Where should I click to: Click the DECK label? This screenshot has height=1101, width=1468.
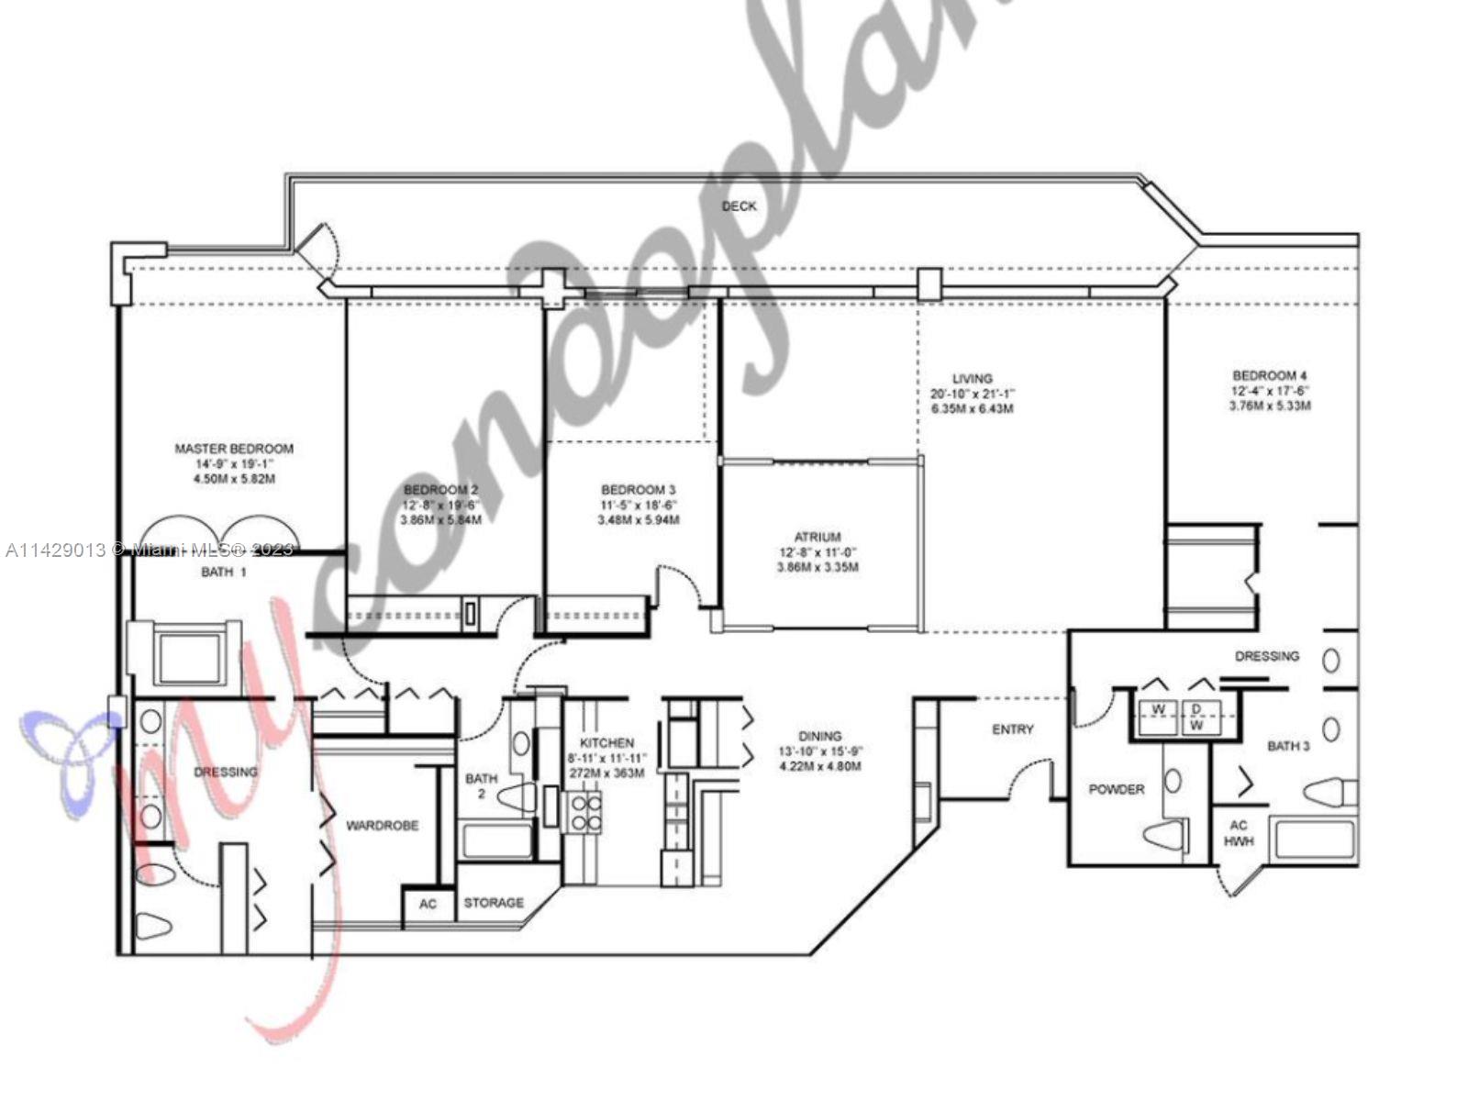pyautogui.click(x=739, y=206)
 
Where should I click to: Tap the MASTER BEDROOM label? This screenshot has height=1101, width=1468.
pyautogui.click(x=234, y=449)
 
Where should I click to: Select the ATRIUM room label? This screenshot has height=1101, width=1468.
pyautogui.click(x=817, y=537)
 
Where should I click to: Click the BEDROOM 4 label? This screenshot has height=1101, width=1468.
pyautogui.click(x=1269, y=375)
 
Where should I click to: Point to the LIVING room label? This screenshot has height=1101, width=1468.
pyautogui.click(x=972, y=378)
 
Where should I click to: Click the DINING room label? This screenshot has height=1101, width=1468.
pyautogui.click(x=819, y=736)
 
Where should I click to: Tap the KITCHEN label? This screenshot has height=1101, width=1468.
pyautogui.click(x=606, y=742)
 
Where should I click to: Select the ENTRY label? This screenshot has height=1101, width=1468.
pyautogui.click(x=1012, y=729)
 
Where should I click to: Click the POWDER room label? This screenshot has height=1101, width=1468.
pyautogui.click(x=1116, y=789)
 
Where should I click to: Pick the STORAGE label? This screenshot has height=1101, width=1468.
pyautogui.click(x=494, y=903)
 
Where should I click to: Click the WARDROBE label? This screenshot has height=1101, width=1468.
pyautogui.click(x=382, y=826)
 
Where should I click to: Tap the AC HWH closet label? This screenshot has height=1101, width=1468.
pyautogui.click(x=1238, y=832)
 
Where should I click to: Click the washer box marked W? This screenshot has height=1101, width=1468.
pyautogui.click(x=1159, y=710)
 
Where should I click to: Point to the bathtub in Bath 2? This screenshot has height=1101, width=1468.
pyautogui.click(x=495, y=840)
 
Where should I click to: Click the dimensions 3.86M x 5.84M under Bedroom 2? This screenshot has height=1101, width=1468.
pyautogui.click(x=440, y=520)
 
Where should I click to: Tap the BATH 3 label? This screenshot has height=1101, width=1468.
pyautogui.click(x=1288, y=746)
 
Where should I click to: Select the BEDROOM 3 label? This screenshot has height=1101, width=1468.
pyautogui.click(x=638, y=490)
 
